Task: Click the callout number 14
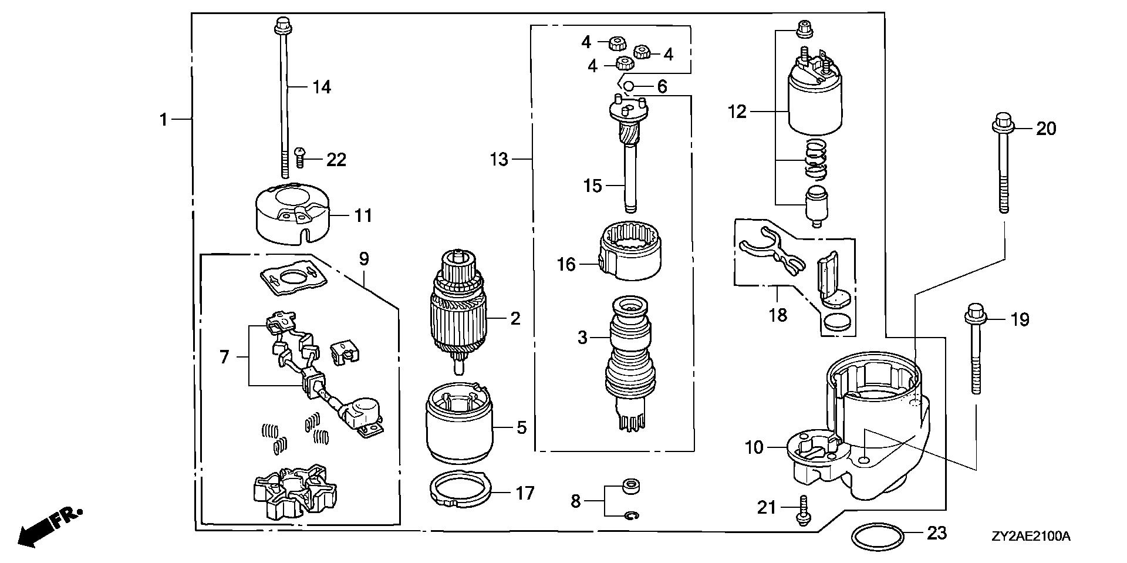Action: [x=321, y=87]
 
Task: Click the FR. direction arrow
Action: [x=44, y=526]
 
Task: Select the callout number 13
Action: [x=499, y=159]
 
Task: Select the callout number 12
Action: [x=737, y=111]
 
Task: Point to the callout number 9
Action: [x=364, y=259]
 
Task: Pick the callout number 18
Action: [x=778, y=315]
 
